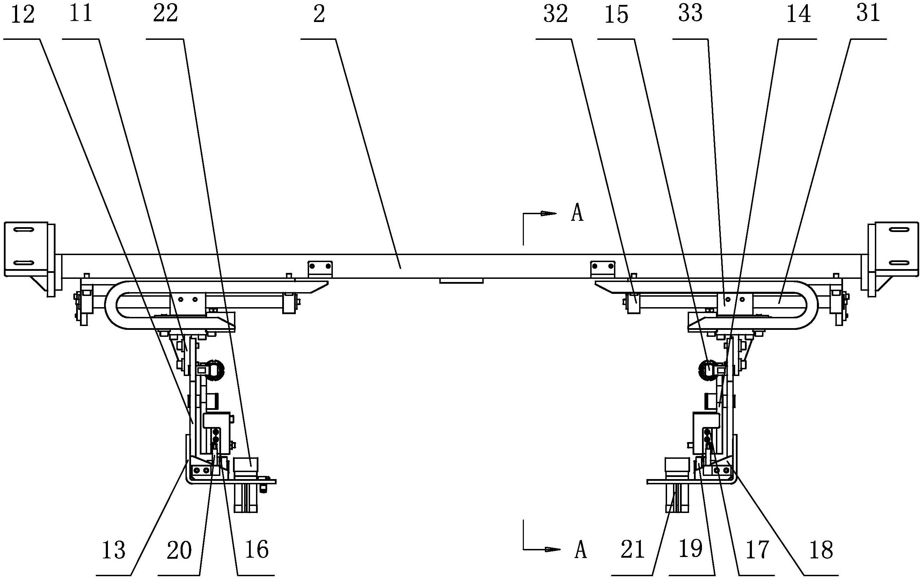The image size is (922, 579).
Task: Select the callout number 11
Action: click(x=81, y=13)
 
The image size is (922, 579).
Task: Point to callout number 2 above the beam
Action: click(x=319, y=14)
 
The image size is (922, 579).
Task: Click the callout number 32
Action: click(x=556, y=14)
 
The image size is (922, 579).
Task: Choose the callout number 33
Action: click(x=690, y=13)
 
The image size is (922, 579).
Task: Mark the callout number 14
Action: click(x=798, y=15)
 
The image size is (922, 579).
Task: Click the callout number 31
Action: click(x=868, y=13)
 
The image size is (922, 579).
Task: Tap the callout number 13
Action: click(x=114, y=550)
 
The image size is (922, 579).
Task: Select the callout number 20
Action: click(x=179, y=550)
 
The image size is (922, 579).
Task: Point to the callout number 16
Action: click(x=256, y=550)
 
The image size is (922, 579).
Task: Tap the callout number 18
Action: click(x=821, y=550)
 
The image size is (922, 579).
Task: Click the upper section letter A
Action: click(x=577, y=213)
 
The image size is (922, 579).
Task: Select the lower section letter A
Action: click(x=580, y=550)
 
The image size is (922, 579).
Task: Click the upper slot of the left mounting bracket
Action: click(x=26, y=230)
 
